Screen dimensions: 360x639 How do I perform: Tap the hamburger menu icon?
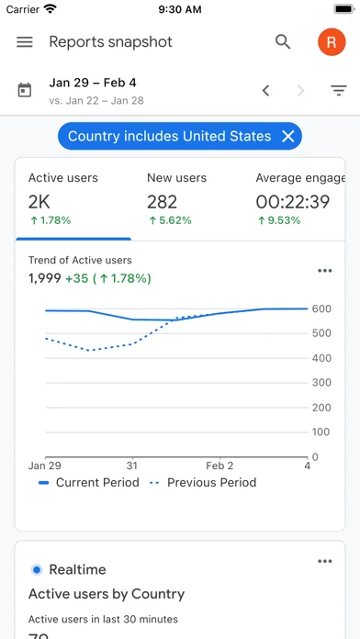(x=25, y=42)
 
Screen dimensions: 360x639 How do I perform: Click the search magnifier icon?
(x=283, y=42)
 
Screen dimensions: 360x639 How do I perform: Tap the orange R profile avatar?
(x=332, y=42)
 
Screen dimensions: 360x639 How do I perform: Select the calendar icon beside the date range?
(x=25, y=90)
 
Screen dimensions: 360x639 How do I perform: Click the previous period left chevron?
(x=265, y=91)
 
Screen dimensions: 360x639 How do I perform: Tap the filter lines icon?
(x=338, y=91)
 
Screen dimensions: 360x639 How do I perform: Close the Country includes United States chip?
(x=287, y=136)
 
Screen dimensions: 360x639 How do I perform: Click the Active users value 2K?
(x=39, y=202)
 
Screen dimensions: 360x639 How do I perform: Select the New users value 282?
(x=163, y=202)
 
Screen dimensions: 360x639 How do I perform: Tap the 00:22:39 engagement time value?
(x=293, y=202)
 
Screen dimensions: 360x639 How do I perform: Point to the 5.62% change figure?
(x=171, y=220)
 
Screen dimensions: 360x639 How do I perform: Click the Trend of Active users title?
(x=80, y=260)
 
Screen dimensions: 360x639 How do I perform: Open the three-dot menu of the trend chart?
(x=324, y=271)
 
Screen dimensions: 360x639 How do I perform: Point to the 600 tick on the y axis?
(x=321, y=308)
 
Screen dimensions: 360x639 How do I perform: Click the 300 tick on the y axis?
(x=321, y=383)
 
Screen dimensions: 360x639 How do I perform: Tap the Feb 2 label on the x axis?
(x=219, y=465)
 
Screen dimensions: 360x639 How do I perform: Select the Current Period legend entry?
(x=89, y=483)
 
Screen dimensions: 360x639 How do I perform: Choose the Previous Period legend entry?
(x=203, y=483)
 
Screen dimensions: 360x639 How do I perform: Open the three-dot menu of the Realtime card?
(x=324, y=561)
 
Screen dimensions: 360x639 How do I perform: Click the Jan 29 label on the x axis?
(x=43, y=465)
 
